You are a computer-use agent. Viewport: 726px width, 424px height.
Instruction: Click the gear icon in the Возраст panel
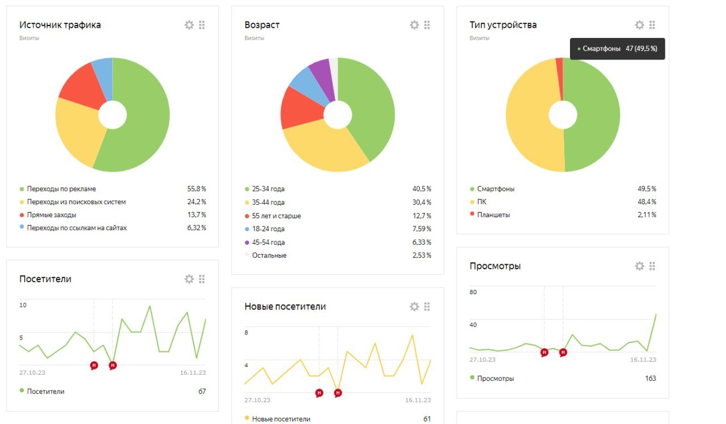click(414, 25)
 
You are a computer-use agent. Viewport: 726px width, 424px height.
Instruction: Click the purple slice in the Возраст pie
click(319, 71)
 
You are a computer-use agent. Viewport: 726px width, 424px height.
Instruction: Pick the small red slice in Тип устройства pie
click(559, 74)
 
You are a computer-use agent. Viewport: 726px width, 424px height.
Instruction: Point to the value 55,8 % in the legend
click(196, 189)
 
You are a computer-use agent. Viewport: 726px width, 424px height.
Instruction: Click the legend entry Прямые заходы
click(52, 215)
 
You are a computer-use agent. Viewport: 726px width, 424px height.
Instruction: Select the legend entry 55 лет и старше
click(276, 216)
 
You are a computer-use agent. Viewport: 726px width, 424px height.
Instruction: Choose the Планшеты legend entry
click(493, 215)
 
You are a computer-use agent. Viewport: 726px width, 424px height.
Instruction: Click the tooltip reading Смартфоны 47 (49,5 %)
click(617, 49)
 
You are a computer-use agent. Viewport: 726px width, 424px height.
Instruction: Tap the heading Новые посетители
click(285, 307)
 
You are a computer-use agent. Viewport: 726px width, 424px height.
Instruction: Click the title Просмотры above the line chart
click(495, 266)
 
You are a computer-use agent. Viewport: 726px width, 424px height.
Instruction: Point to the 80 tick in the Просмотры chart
click(473, 292)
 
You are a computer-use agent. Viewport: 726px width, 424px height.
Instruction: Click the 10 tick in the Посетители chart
click(23, 306)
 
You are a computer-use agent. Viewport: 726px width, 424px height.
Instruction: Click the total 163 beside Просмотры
click(650, 378)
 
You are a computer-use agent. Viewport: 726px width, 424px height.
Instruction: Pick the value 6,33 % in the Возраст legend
click(421, 243)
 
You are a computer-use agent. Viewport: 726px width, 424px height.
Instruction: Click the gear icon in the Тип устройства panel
click(639, 25)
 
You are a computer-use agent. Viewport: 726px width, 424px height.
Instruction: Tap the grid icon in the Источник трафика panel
click(202, 25)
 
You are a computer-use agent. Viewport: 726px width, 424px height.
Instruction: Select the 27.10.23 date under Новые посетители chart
click(258, 400)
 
